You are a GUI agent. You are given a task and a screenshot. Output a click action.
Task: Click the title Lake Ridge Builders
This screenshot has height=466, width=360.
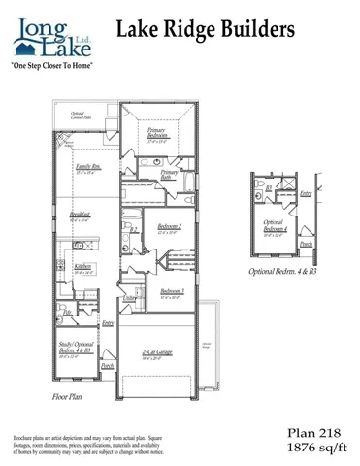[x=205, y=31]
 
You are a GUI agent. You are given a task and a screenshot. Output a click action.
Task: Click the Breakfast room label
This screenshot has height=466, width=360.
[x=80, y=217]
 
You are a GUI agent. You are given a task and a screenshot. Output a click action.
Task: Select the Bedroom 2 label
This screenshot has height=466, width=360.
[x=166, y=228]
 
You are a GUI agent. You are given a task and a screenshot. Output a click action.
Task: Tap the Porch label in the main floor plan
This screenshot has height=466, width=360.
[x=107, y=367]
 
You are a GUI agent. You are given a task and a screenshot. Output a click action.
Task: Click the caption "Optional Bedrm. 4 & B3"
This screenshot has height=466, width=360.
[x=282, y=272]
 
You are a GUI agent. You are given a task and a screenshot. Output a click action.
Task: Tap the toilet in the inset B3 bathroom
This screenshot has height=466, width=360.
[x=260, y=186]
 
